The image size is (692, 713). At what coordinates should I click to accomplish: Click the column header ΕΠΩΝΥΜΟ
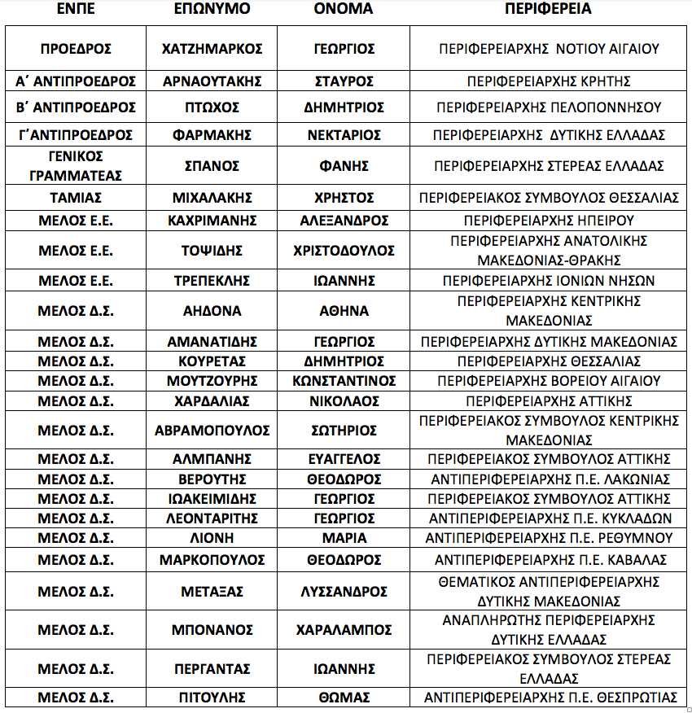[x=212, y=10]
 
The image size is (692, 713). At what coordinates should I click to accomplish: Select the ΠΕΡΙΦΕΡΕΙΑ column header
[x=548, y=10]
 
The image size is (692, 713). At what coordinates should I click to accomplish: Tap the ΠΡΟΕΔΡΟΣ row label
[x=75, y=49]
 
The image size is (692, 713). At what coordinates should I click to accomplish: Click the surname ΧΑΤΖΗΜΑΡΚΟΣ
[x=212, y=49]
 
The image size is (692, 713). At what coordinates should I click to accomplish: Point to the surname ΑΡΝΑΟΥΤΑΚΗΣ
[x=212, y=81]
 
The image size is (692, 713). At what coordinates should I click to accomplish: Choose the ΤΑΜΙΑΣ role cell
[x=75, y=198]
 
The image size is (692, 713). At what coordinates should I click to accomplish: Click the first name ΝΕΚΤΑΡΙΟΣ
[x=344, y=134]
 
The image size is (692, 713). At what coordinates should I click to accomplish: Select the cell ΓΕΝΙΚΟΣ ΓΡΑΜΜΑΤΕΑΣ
[x=75, y=165]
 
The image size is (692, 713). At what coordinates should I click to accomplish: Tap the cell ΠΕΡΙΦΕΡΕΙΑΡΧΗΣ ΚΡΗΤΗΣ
[x=549, y=81]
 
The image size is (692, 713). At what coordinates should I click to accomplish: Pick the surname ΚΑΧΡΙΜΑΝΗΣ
[x=212, y=221]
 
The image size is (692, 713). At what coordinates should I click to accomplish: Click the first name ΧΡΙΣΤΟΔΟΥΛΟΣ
[x=344, y=250]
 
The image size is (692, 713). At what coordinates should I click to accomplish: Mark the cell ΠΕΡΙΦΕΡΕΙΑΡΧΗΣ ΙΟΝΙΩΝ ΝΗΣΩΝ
[x=549, y=281]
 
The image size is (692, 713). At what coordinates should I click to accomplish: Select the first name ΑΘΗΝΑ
[x=344, y=310]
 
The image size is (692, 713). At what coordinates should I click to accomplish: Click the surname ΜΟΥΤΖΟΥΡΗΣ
[x=212, y=381]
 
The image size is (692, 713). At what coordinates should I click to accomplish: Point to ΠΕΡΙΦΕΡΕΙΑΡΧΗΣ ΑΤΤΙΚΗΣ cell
[x=549, y=401]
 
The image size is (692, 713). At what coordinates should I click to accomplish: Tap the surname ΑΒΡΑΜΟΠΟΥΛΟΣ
[x=212, y=430]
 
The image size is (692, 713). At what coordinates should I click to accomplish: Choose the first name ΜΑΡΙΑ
[x=344, y=538]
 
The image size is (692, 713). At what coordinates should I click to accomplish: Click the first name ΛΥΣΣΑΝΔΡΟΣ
[x=344, y=592]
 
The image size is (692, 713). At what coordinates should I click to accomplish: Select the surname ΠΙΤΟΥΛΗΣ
[x=212, y=698]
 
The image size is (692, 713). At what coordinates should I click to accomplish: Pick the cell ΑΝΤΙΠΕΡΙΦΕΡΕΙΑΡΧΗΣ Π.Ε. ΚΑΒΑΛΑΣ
[x=549, y=560]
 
